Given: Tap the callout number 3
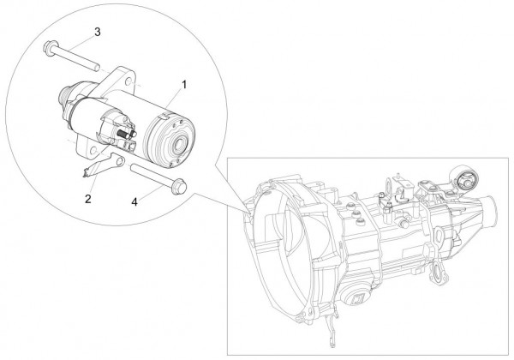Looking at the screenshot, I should [97, 33].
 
